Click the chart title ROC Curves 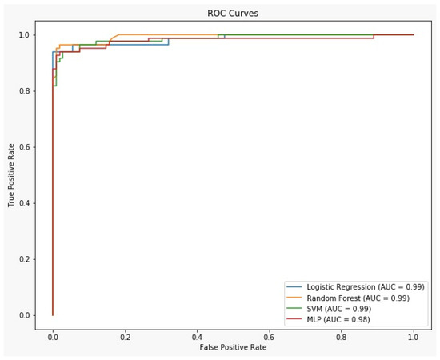(234, 14)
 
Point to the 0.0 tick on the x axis (53, 338)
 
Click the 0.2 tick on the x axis (125, 338)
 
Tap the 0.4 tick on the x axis (197, 338)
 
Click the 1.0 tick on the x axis (414, 338)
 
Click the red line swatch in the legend (298, 320)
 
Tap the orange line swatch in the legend (298, 298)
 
